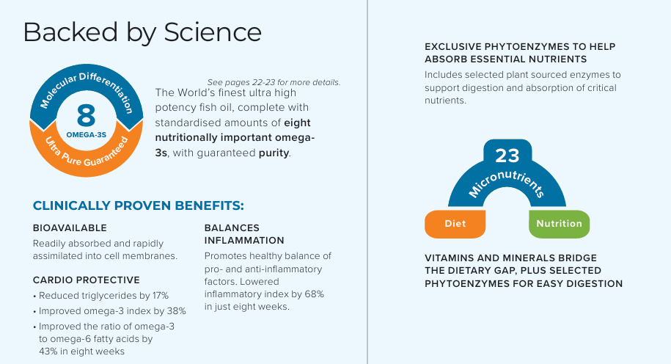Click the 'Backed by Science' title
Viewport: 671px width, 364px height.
click(142, 32)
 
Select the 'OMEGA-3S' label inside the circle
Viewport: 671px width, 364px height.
click(86, 134)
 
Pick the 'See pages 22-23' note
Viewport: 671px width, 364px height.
click(274, 81)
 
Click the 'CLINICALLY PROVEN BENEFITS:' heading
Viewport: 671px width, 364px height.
click(139, 205)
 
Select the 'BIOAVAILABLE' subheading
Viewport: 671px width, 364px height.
click(70, 228)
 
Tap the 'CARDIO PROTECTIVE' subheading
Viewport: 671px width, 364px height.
click(87, 280)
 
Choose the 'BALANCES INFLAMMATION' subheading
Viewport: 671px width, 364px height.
click(244, 234)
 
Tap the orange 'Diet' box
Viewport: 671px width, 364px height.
click(455, 224)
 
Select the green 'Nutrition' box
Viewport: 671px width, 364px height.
click(559, 224)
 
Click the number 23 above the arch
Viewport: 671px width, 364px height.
click(507, 156)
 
